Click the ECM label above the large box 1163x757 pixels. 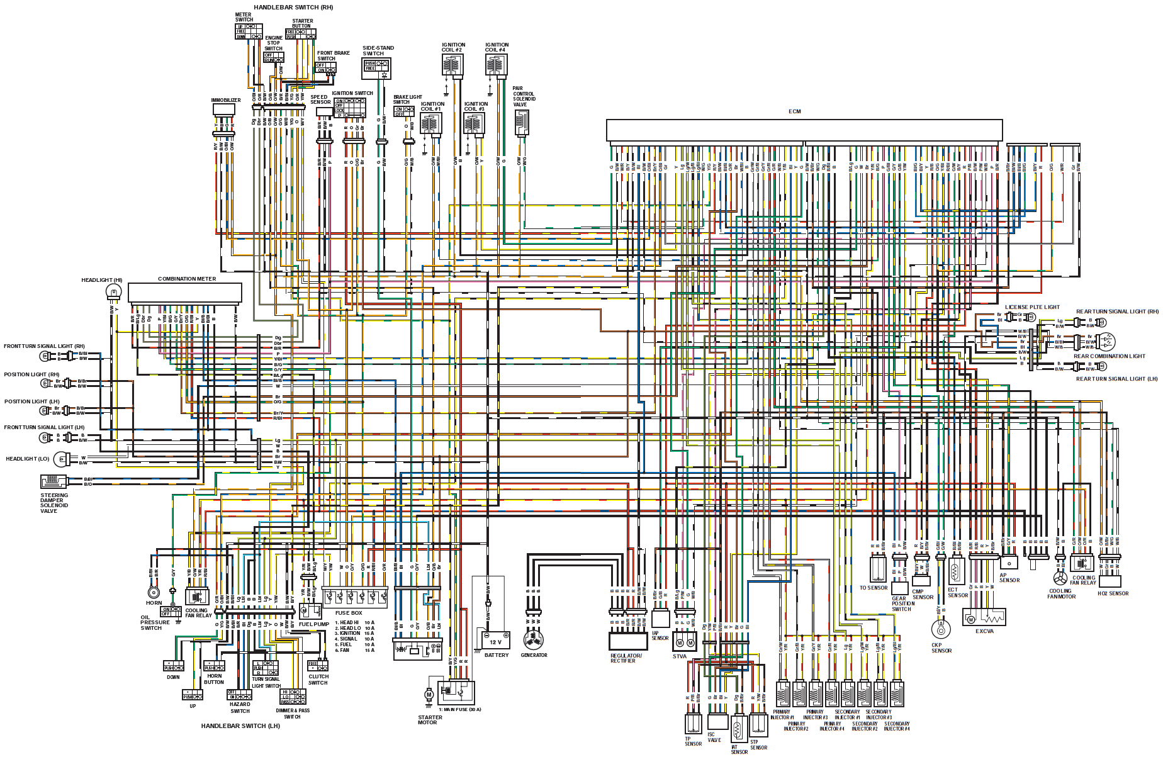795,111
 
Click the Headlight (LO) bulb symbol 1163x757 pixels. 61,460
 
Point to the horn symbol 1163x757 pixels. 153,592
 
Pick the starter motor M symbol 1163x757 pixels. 429,695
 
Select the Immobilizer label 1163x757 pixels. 225,100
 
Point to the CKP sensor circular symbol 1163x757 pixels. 940,629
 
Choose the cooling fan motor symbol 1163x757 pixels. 1060,578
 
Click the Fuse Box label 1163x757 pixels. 348,613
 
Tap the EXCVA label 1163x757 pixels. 984,631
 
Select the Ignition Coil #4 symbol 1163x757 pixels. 497,65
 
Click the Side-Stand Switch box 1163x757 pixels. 376,68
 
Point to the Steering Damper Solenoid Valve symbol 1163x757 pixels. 54,482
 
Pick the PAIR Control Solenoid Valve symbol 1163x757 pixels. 521,123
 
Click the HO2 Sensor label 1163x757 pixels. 1113,593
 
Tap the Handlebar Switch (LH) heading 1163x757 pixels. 240,726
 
